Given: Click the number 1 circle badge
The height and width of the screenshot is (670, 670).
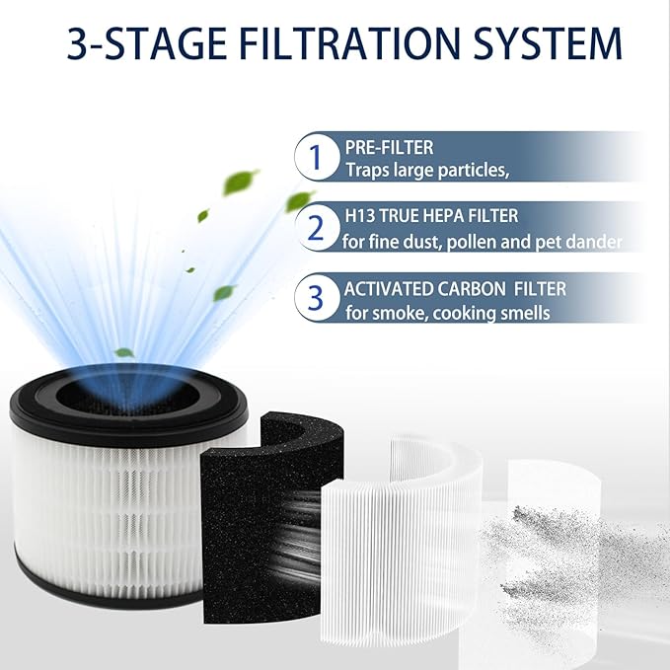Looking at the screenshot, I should (316, 157).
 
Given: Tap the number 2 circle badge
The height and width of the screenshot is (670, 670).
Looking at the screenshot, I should (316, 227).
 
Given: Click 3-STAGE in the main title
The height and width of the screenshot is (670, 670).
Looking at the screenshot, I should (137, 43).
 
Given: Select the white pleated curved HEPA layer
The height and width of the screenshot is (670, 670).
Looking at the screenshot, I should (395, 543).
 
